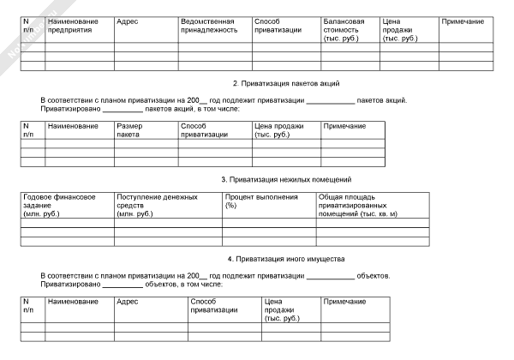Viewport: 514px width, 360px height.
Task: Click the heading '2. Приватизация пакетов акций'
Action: [x=287, y=83]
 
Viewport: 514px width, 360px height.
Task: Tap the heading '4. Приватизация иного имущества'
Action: [x=286, y=258]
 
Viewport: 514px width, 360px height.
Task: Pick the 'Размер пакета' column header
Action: [x=132, y=130]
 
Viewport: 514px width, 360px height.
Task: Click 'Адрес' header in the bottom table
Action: [x=126, y=302]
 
